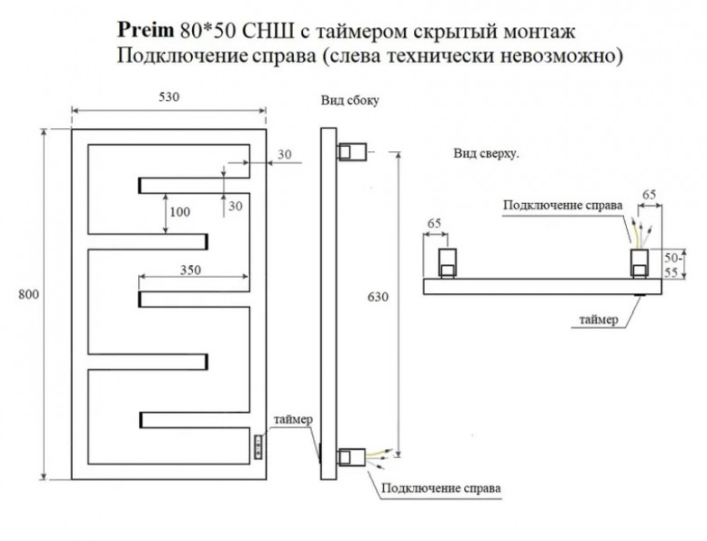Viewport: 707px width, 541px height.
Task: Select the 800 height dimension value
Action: coord(29,296)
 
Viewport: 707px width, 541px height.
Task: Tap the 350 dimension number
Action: coord(188,270)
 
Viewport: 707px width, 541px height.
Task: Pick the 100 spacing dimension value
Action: coord(180,212)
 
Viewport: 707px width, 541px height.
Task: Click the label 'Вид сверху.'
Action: coord(486,154)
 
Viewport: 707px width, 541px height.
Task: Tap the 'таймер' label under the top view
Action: coord(599,320)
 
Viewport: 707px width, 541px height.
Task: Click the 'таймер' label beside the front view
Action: coord(293,419)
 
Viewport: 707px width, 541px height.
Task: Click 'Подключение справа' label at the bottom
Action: coord(441,489)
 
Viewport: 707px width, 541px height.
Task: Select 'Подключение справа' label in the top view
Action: coord(563,205)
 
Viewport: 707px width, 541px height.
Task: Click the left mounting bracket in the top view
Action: coord(448,263)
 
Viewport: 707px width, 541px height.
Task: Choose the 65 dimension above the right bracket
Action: coord(647,193)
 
